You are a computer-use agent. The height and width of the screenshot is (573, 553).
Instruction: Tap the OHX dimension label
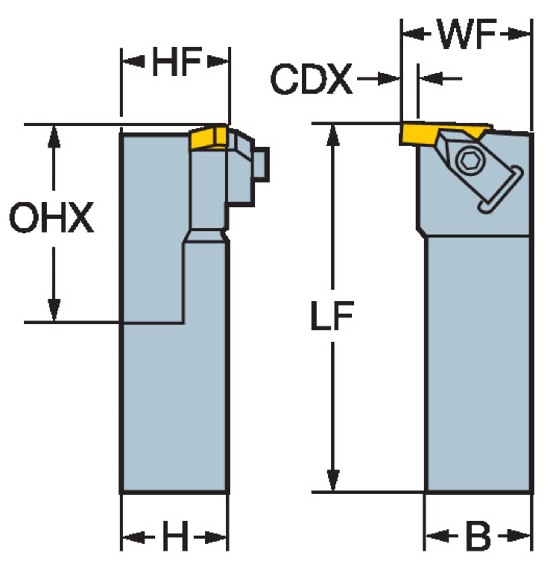coord(51,218)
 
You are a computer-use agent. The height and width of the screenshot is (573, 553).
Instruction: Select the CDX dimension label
coord(311,79)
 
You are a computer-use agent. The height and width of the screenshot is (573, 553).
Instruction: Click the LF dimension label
coord(332,316)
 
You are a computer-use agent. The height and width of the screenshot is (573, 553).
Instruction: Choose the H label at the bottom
coord(175,537)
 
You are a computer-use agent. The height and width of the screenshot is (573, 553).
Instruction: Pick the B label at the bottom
coord(479,536)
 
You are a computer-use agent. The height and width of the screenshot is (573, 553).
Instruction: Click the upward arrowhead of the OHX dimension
coord(54,136)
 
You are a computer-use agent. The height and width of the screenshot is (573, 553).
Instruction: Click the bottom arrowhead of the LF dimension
coord(333,481)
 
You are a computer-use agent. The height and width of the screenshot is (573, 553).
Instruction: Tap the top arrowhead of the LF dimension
coord(333,134)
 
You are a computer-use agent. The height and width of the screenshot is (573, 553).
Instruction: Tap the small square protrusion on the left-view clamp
coord(262,164)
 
